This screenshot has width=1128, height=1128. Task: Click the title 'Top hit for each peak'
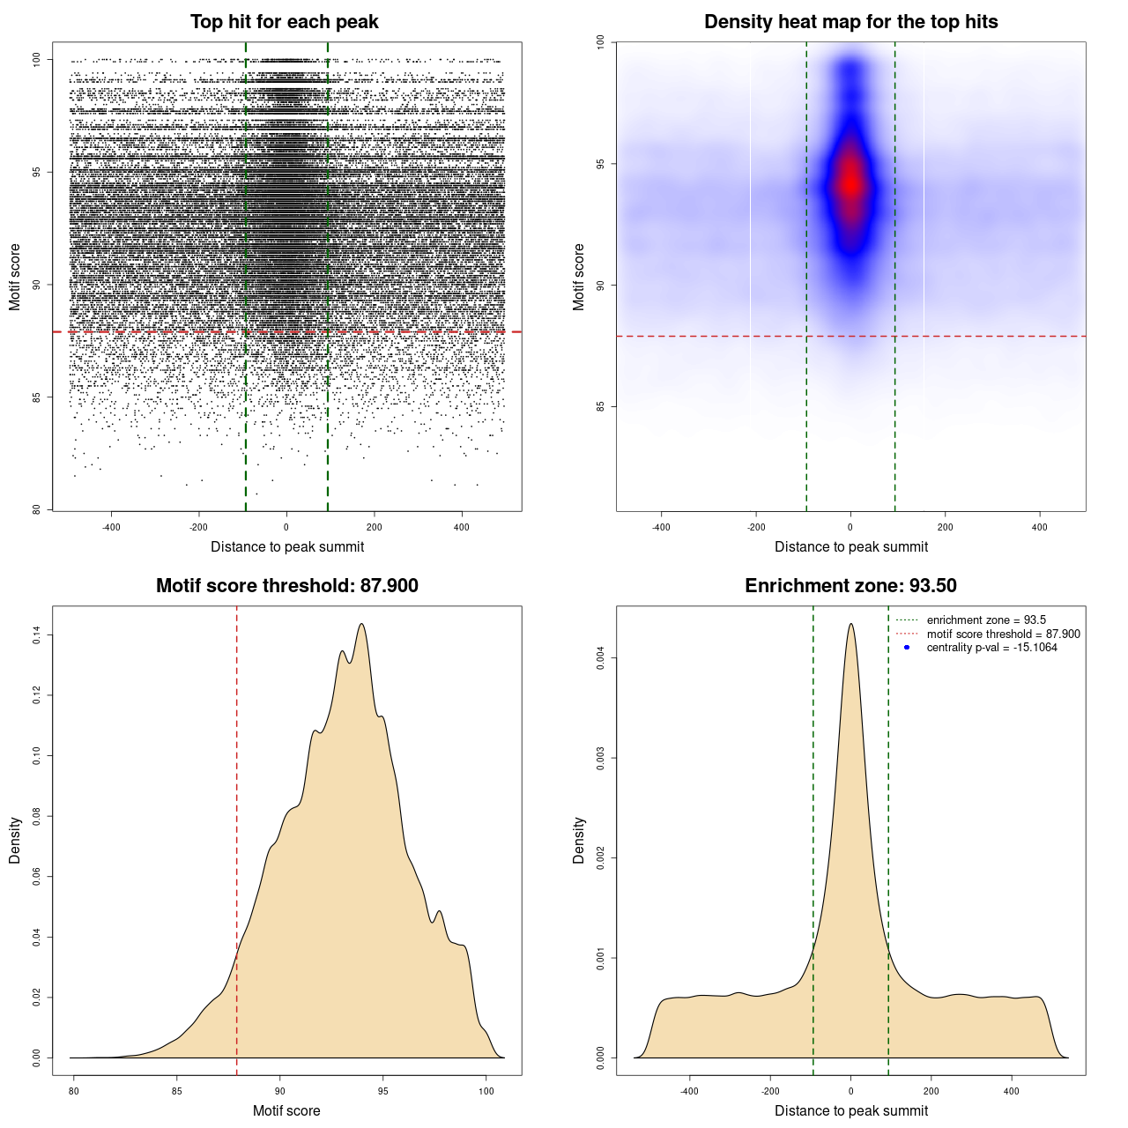(x=285, y=22)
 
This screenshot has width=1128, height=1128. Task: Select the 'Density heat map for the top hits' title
(x=851, y=22)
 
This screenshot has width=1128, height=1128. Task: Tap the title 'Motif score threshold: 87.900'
(x=287, y=586)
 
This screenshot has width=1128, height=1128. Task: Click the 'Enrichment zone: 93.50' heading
(x=851, y=586)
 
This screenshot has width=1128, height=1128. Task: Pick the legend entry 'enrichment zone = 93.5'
(x=986, y=620)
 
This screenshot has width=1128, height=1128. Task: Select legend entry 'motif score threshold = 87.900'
(x=1003, y=634)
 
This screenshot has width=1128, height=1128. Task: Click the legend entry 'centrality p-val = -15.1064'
(x=991, y=648)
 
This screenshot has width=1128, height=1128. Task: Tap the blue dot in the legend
(x=907, y=648)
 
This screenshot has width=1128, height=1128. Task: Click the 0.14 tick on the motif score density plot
(x=37, y=635)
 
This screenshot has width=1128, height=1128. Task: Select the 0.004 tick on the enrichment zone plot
(x=601, y=658)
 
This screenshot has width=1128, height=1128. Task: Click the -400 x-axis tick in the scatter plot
(x=111, y=527)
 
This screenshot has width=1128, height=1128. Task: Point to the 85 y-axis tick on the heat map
(x=601, y=406)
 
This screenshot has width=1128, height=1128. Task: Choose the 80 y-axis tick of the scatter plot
(x=37, y=509)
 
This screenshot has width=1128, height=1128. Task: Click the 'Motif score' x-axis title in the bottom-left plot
(x=286, y=1110)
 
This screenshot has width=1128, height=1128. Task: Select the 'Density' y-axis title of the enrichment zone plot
(x=579, y=840)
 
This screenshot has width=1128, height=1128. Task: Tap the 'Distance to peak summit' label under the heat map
(x=851, y=546)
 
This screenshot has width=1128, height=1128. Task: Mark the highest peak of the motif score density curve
(x=361, y=624)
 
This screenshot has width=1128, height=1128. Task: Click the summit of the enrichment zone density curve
(x=850, y=624)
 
